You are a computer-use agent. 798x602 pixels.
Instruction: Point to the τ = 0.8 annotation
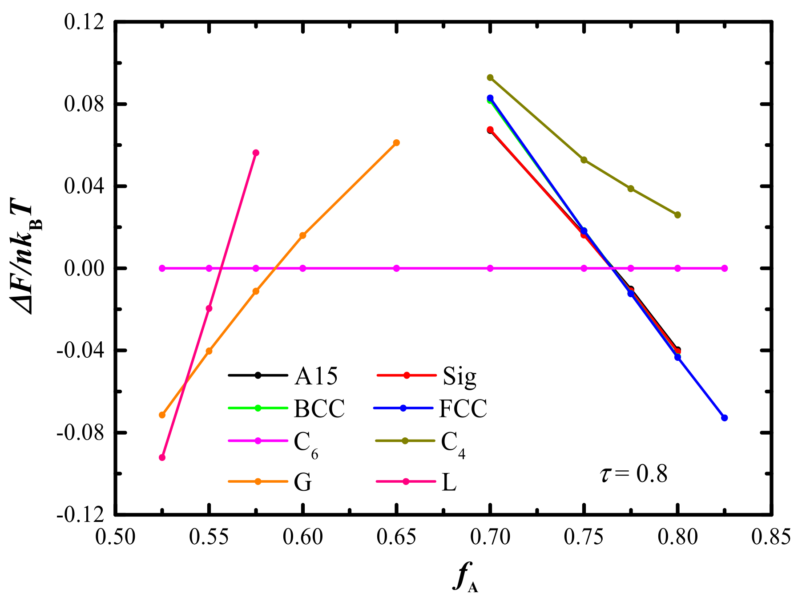[634, 474]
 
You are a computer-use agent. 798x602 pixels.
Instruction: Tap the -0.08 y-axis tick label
[80, 432]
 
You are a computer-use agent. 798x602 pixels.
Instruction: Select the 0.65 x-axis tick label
[396, 537]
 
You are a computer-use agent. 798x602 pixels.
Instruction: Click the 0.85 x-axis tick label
[771, 537]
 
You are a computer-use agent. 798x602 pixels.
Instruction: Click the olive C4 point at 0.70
[490, 77]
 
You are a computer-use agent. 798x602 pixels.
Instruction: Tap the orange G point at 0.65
[396, 142]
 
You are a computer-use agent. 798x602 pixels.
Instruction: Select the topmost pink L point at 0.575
[256, 153]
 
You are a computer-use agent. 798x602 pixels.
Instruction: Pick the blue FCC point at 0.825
[724, 418]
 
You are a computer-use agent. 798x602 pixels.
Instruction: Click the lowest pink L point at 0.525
[162, 457]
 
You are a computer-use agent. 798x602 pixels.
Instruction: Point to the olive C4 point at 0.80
[677, 215]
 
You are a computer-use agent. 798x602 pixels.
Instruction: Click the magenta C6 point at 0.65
[396, 268]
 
